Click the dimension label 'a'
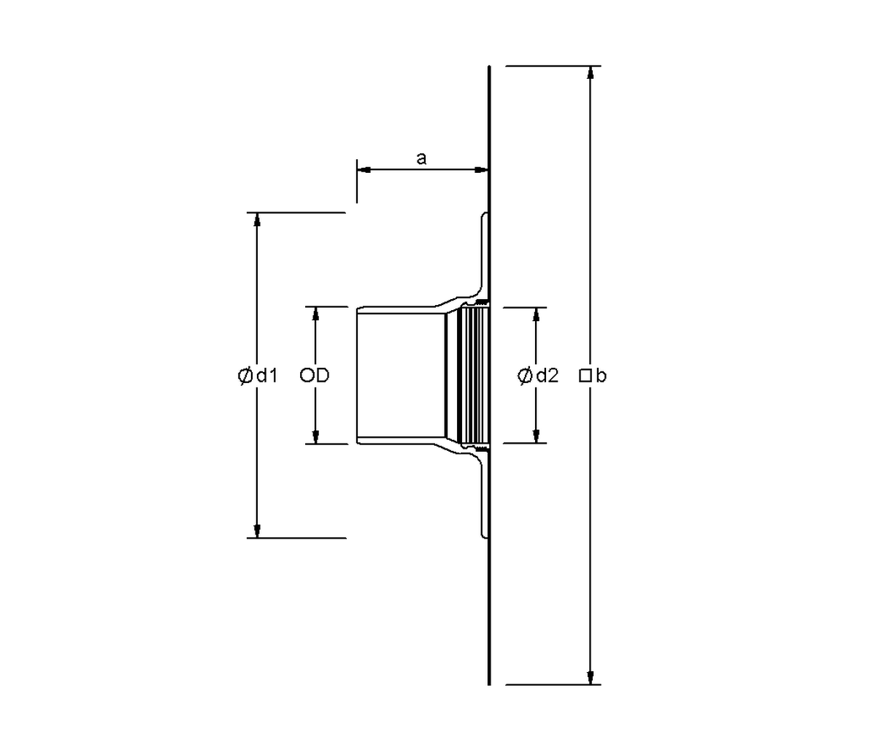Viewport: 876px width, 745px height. coord(421,159)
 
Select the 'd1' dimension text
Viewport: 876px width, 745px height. coord(267,375)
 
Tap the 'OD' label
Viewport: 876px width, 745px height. coord(314,375)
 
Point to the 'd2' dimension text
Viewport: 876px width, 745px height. coord(547,375)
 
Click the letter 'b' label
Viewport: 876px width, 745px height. coord(601,375)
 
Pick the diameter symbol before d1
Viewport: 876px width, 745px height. coord(245,376)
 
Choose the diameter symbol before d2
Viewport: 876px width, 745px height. coord(524,376)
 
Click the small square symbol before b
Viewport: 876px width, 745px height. coord(585,376)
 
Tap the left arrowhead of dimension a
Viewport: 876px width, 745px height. coord(364,170)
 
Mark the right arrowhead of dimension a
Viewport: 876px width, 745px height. coord(481,170)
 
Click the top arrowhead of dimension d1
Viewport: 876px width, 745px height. coord(257,220)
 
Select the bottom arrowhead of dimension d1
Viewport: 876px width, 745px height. coord(257,530)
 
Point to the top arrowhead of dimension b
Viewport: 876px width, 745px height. coord(591,73)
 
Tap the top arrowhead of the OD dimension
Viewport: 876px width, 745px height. coord(315,314)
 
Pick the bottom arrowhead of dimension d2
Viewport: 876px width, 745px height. coord(536,436)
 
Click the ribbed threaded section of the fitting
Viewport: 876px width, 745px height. coord(473,375)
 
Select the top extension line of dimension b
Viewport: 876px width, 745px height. coord(553,66)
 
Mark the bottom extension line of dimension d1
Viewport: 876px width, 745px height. coord(296,538)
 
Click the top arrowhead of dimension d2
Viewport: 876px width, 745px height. coord(536,314)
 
